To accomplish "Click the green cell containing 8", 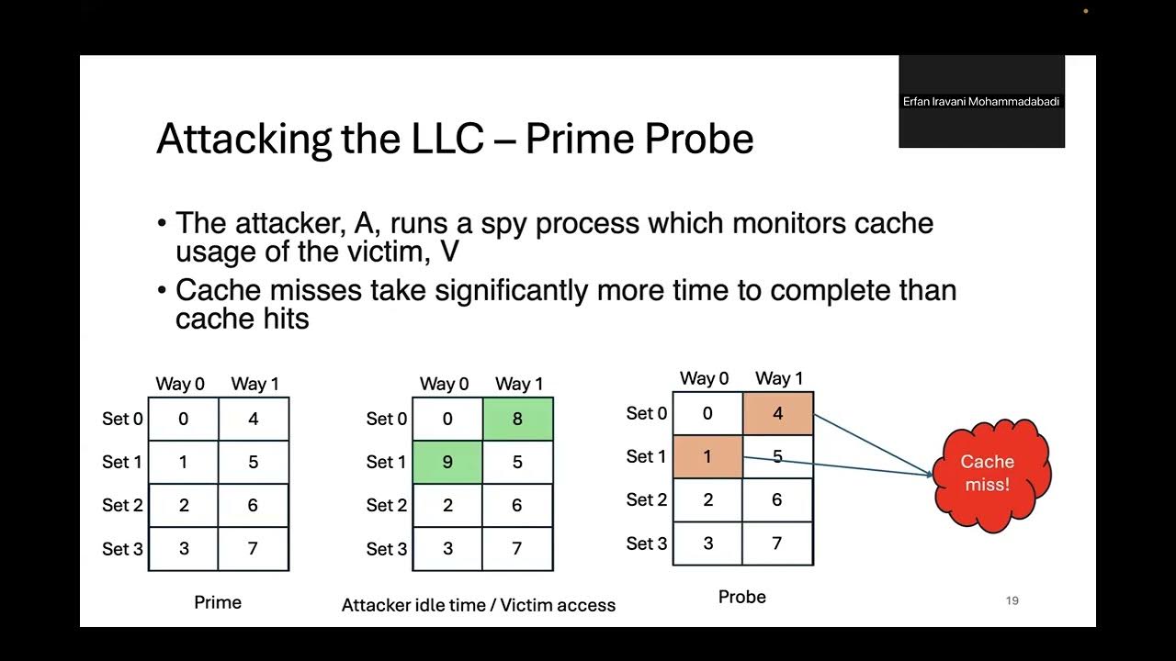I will coord(517,419).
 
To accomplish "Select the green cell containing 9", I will coord(447,462).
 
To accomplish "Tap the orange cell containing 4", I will coord(777,413).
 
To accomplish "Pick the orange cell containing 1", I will coord(707,456).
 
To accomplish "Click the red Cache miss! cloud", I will coord(988,474).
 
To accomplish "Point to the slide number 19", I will coord(1012,600).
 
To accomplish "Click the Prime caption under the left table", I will coord(218,602).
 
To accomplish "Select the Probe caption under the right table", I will coord(741,597).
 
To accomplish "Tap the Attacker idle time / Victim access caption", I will coord(478,605).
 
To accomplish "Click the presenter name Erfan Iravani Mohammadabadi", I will coord(981,102).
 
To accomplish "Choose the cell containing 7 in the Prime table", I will coord(254,548).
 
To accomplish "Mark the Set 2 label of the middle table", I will coord(386,505).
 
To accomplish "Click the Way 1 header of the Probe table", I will coord(778,378).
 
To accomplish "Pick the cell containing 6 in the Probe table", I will coord(777,499).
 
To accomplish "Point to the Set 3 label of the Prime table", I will coord(122,549).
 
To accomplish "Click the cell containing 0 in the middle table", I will coord(447,419).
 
